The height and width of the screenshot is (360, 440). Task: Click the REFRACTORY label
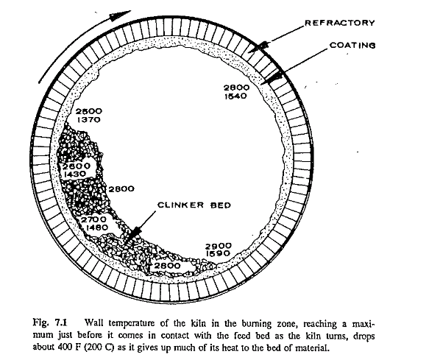340,23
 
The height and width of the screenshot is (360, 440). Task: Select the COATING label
352,45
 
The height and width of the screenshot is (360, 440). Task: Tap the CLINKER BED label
194,205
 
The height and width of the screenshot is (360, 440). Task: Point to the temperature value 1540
235,96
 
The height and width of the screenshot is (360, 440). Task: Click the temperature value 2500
89,111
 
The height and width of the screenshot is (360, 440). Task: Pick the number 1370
89,120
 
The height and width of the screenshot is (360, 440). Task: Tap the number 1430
75,174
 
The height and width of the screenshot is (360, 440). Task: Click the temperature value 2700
94,219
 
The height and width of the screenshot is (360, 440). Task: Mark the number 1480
97,227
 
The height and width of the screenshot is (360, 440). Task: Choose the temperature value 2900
219,247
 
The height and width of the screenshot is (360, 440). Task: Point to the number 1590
219,253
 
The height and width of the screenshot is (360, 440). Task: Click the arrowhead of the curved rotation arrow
120,15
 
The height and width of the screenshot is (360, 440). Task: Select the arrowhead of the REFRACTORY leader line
258,47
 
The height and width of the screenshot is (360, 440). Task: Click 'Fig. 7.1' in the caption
50,322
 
